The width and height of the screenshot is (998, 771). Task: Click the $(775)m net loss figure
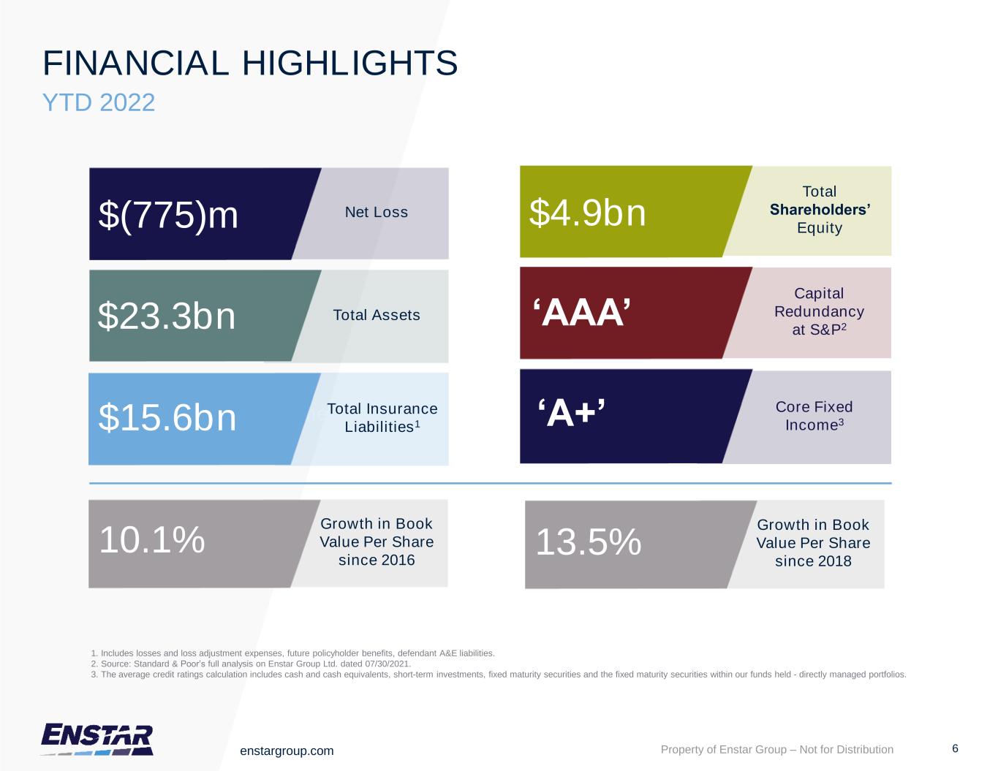[x=169, y=216]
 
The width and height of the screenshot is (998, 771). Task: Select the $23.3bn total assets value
[x=167, y=316]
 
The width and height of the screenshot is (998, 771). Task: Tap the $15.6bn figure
[x=167, y=418]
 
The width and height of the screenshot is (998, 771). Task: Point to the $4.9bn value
[x=588, y=213]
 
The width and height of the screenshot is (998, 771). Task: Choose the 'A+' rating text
[x=572, y=415]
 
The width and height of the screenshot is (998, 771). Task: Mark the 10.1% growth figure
[x=152, y=541]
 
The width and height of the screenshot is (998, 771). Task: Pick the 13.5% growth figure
[x=589, y=543]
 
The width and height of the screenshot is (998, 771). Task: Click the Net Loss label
[x=376, y=213]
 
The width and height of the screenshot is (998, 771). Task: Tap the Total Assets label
[x=377, y=315]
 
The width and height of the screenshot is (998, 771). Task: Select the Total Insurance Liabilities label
[x=382, y=417]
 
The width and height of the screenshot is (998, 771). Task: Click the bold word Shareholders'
[x=820, y=210]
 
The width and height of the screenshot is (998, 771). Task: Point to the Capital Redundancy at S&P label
[x=819, y=311]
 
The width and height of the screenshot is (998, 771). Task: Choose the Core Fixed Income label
[x=814, y=416]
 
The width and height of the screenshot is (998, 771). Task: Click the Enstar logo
[x=97, y=739]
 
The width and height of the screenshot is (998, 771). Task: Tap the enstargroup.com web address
[x=287, y=751]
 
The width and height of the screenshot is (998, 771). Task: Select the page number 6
[x=955, y=748]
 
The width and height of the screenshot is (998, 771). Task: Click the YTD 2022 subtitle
[x=99, y=102]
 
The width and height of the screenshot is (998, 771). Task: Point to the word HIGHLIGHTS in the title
[x=349, y=64]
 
